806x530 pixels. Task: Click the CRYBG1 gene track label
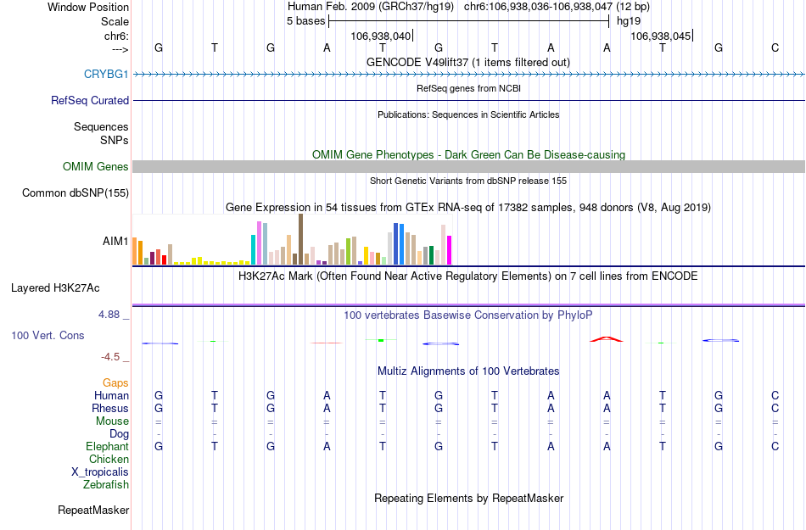pyautogui.click(x=106, y=74)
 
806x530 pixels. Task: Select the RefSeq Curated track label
pyautogui.click(x=90, y=100)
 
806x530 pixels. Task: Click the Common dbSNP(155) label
pyautogui.click(x=76, y=193)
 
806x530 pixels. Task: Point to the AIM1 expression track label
pyautogui.click(x=115, y=241)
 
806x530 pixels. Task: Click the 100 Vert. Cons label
pyautogui.click(x=48, y=336)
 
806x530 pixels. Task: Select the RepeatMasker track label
pyautogui.click(x=93, y=510)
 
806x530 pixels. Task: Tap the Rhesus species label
pyautogui.click(x=110, y=409)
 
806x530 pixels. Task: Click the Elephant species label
pyautogui.click(x=108, y=446)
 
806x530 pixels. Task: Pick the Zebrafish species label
pyautogui.click(x=106, y=485)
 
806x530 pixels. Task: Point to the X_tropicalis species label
pyautogui.click(x=100, y=472)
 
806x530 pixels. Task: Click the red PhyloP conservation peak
pyautogui.click(x=607, y=338)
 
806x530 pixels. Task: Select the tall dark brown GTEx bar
pyautogui.click(x=300, y=239)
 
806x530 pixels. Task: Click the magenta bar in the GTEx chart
pyautogui.click(x=450, y=250)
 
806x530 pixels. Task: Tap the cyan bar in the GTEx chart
pyautogui.click(x=254, y=249)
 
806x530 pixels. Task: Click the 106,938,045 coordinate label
pyautogui.click(x=661, y=36)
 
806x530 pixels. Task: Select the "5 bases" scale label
pyautogui.click(x=305, y=21)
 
